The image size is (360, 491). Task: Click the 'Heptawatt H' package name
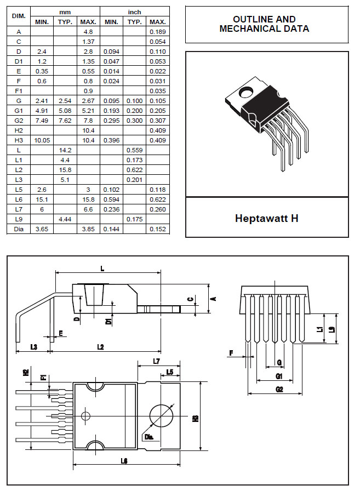click(267, 218)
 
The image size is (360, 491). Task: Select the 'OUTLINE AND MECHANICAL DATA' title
click(264, 24)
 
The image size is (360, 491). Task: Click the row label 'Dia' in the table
click(19, 229)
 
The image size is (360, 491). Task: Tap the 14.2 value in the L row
click(65, 150)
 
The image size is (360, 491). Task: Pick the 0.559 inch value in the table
click(134, 150)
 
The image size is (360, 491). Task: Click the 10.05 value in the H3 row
click(42, 140)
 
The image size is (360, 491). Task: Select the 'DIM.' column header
click(19, 16)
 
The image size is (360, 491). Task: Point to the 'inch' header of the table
click(134, 12)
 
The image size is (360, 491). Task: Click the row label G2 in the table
click(19, 121)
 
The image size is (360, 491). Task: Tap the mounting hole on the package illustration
click(246, 92)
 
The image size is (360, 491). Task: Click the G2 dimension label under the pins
click(279, 389)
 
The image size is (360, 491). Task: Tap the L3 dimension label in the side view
click(33, 347)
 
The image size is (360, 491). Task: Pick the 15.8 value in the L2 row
click(65, 170)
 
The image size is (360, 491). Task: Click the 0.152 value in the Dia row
click(157, 229)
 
